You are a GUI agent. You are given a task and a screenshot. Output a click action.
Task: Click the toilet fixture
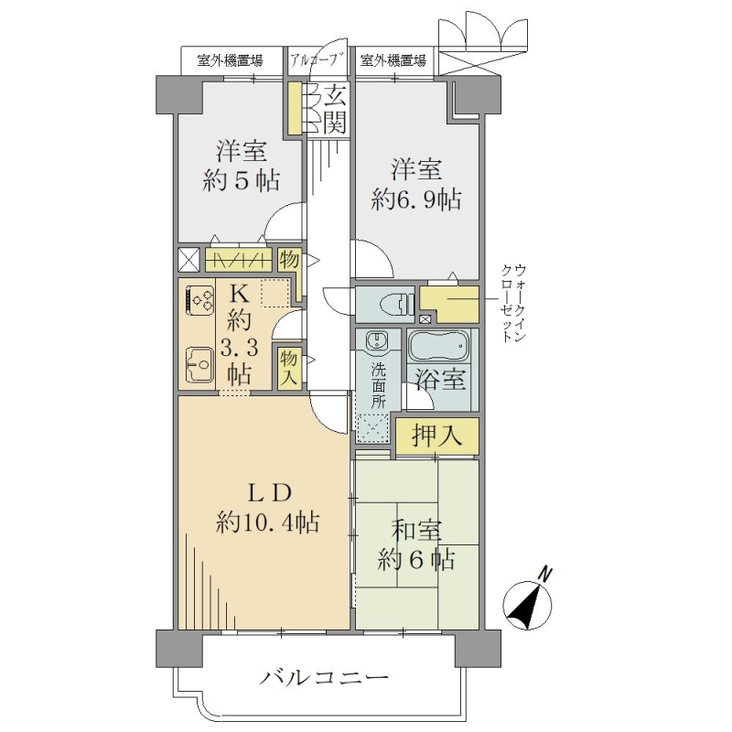(396, 305)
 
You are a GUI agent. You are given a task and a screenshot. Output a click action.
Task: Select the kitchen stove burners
(199, 300)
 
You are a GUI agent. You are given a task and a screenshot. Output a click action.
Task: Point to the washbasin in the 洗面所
(375, 339)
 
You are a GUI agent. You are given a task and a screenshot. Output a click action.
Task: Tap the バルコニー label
(324, 677)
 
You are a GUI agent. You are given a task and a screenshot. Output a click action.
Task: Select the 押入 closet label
(437, 436)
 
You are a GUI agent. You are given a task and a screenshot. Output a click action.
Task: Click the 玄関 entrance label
(335, 109)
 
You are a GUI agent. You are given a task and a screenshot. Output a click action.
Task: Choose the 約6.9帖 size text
(416, 199)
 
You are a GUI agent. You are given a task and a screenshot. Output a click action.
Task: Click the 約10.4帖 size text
(268, 522)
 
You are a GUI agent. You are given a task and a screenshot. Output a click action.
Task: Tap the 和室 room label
(416, 530)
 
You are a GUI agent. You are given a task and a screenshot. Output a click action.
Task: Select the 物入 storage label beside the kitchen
(289, 368)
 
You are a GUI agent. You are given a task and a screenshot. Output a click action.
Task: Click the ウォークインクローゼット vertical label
(513, 303)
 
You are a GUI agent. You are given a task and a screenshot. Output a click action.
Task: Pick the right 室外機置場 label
(393, 60)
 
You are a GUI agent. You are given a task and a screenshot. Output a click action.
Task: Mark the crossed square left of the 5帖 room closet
(189, 259)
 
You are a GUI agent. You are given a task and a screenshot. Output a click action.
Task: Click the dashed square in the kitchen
(275, 293)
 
